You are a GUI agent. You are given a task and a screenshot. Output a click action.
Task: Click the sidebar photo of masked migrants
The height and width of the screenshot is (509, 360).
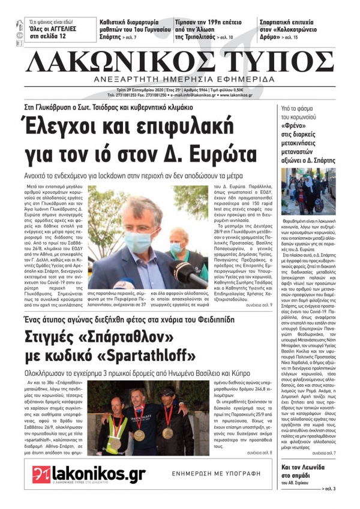[308, 192]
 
